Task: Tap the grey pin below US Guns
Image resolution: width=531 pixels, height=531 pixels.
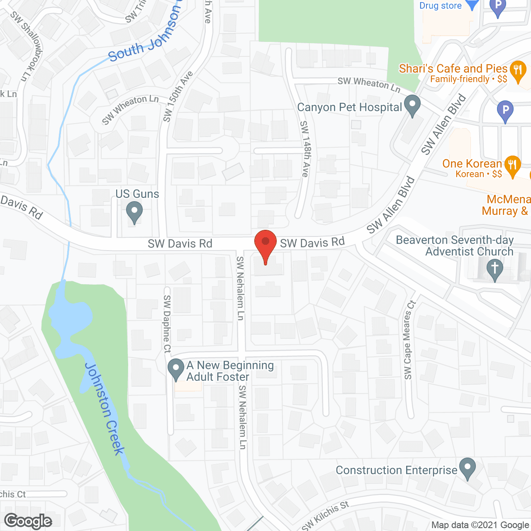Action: tap(134, 212)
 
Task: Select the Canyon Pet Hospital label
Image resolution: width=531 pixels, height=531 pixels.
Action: tap(349, 107)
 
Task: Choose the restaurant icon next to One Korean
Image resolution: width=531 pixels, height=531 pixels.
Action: tap(513, 165)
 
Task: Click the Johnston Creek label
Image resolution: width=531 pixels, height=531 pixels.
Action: tap(104, 409)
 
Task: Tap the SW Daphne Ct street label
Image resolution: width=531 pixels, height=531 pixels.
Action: tap(167, 324)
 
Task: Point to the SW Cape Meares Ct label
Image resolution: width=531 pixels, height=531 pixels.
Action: tap(409, 340)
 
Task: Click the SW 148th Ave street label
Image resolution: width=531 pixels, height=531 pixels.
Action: tap(305, 149)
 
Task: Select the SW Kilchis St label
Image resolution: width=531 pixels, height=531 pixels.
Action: tap(326, 516)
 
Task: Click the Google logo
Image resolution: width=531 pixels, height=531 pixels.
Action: tap(28, 521)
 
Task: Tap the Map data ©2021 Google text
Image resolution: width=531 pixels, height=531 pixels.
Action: tap(480, 525)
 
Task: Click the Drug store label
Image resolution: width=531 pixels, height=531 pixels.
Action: tap(440, 6)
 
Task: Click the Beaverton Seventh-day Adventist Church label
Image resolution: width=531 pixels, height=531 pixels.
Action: tap(455, 246)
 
